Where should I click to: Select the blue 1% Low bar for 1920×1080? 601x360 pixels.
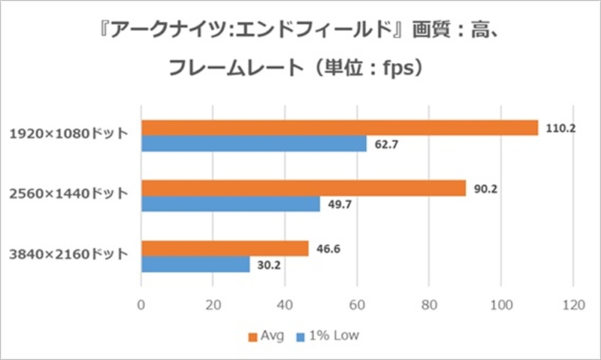[254, 144]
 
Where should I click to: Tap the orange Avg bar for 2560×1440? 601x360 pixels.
[304, 189]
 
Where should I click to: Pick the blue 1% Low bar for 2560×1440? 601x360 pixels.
[231, 204]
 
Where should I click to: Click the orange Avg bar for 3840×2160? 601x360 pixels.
[225, 249]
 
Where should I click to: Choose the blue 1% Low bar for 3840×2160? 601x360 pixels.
[195, 265]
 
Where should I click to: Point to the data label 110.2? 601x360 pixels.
[560, 129]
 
